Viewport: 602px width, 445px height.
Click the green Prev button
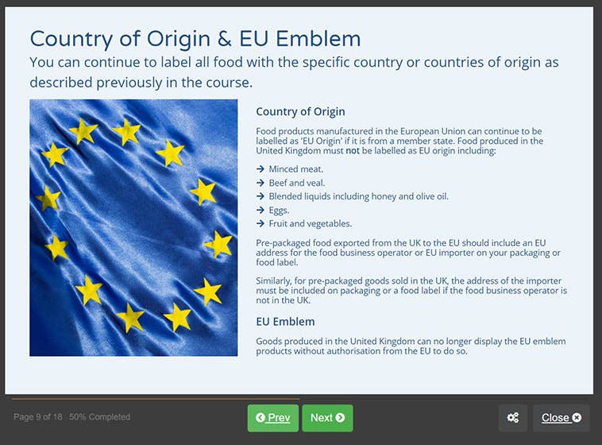coord(272,418)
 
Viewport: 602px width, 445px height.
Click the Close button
coord(561,418)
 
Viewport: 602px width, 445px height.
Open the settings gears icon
coord(512,418)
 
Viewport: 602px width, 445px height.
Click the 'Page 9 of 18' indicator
coord(38,417)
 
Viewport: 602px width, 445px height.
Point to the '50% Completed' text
coord(99,417)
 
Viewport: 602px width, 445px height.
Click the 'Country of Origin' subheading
coord(300,112)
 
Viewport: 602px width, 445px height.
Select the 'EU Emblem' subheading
coord(285,322)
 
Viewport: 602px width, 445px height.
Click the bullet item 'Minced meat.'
coord(295,168)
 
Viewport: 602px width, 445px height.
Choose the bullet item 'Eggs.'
coord(282,210)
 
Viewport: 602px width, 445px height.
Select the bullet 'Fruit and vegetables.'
coord(310,223)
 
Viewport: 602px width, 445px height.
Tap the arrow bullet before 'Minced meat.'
coord(260,168)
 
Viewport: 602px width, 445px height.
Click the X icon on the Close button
coord(577,418)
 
